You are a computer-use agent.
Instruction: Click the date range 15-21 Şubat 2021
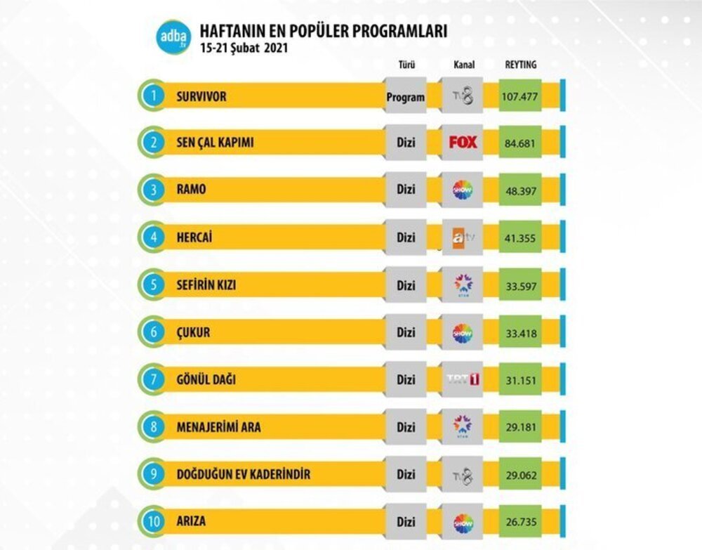coord(244,49)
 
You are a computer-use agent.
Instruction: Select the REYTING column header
coord(520,65)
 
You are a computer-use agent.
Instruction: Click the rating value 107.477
coord(519,97)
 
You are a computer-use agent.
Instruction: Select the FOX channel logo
coord(463,143)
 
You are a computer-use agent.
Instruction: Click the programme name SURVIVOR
coord(201,97)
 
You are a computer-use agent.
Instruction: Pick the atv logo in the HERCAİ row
coord(463,237)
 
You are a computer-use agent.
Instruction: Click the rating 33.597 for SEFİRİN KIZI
coord(519,286)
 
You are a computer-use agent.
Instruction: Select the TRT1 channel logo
coord(463,380)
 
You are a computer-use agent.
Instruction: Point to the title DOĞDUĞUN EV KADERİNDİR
coord(244,475)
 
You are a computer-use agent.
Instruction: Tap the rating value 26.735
coord(519,523)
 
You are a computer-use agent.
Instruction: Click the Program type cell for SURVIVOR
coord(406,98)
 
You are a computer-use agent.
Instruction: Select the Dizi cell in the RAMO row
coord(406,190)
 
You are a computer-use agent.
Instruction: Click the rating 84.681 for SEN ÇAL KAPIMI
coord(519,143)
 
